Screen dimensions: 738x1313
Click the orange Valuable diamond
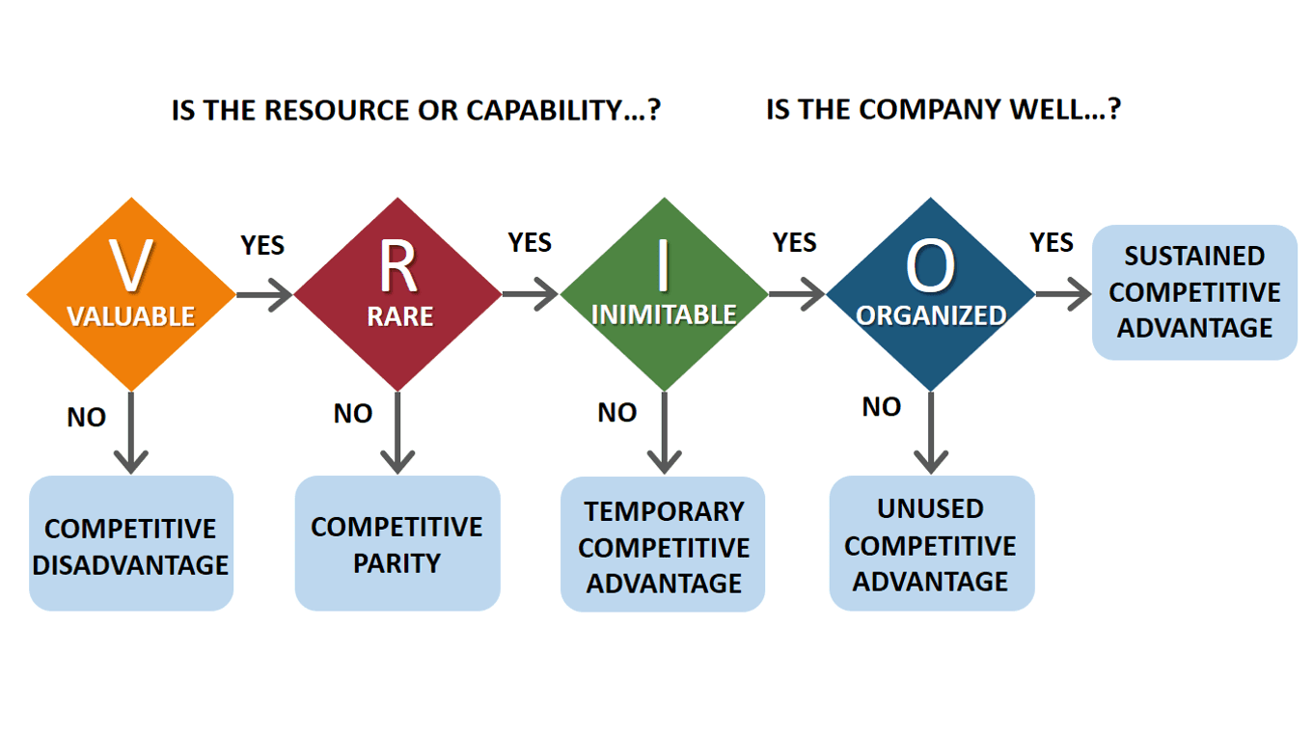(x=131, y=294)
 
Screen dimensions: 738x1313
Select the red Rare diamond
(x=397, y=294)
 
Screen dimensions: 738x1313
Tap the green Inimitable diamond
(x=664, y=294)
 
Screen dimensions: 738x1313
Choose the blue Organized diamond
(x=930, y=294)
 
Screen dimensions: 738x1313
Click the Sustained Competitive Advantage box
(x=1194, y=292)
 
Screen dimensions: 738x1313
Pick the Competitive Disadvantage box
(x=131, y=544)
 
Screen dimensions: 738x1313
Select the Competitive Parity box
(x=397, y=544)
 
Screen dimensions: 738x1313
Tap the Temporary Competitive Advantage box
(x=664, y=545)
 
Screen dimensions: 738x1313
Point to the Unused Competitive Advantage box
(x=931, y=544)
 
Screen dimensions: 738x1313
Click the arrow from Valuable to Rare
(x=264, y=294)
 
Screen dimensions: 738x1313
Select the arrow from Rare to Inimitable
(x=531, y=294)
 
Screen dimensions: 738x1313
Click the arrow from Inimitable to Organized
(x=797, y=294)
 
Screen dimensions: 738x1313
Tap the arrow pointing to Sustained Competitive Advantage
(x=1063, y=294)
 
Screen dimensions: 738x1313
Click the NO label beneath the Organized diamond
(x=881, y=407)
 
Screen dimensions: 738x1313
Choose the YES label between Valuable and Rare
(x=262, y=246)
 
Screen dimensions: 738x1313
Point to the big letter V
(x=131, y=266)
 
